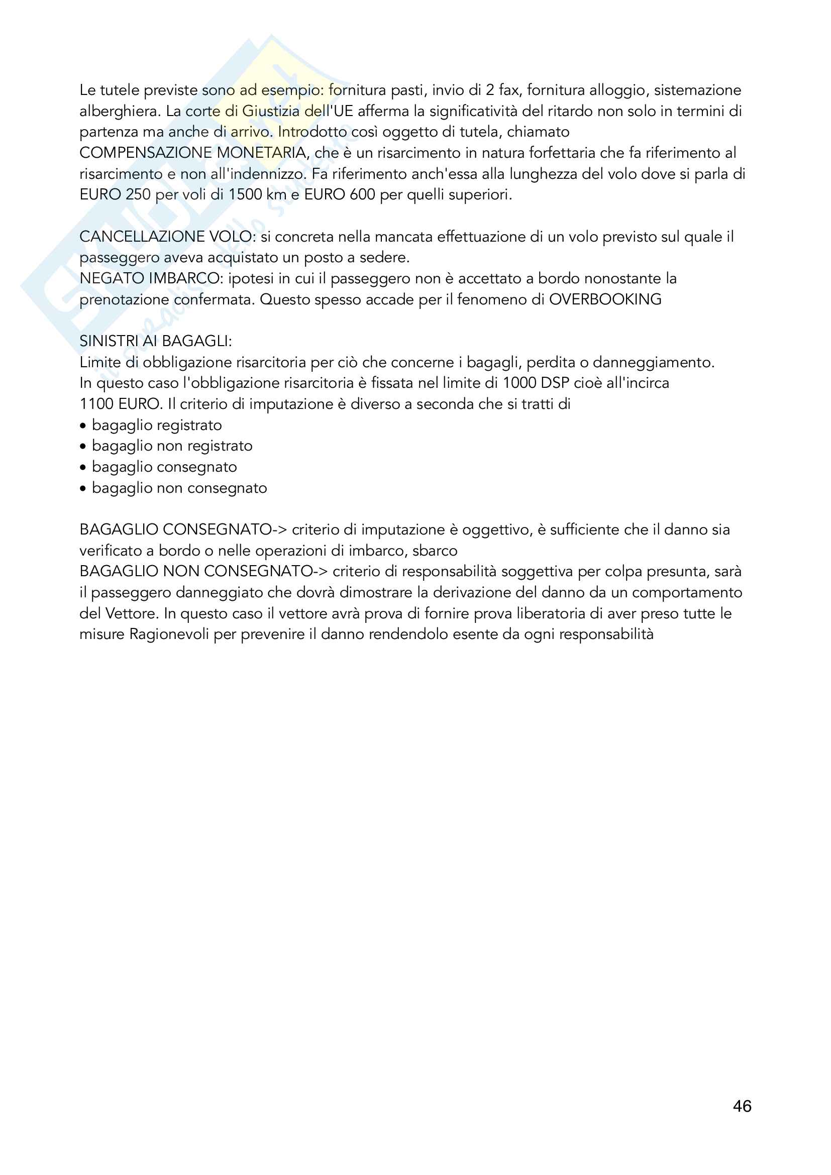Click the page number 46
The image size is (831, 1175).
click(x=742, y=1106)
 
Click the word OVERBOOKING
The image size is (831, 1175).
click(x=605, y=299)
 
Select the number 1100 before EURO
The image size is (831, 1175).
click(x=96, y=404)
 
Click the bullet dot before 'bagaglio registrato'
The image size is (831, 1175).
click(x=83, y=426)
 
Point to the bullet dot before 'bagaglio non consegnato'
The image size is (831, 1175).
click(x=83, y=489)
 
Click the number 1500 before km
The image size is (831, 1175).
click(x=245, y=194)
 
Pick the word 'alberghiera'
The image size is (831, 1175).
click(x=118, y=111)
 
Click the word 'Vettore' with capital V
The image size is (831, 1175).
click(x=130, y=613)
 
